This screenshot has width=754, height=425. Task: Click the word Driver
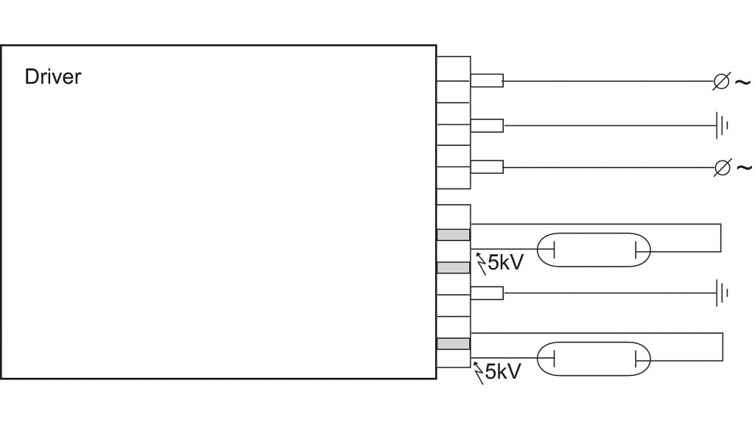coord(53,77)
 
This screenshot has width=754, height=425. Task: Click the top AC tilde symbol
coord(743,82)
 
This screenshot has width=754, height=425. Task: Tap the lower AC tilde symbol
coord(744,168)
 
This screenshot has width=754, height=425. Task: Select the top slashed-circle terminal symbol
coord(722,82)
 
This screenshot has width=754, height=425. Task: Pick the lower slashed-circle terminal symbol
coord(722,169)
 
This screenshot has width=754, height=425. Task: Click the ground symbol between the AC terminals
coord(722,125)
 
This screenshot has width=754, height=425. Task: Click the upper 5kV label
coord(505,262)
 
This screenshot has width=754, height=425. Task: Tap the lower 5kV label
coord(504,371)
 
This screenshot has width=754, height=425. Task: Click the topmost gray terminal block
coord(453,235)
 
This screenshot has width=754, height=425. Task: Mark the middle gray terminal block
coord(453,267)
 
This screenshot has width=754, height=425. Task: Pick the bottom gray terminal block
coord(453,343)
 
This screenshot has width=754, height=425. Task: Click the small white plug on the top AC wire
coord(486,81)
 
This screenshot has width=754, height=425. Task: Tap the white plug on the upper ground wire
coord(486,125)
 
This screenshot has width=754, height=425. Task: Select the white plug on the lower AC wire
coord(486,168)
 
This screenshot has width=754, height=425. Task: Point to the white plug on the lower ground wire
coord(486,293)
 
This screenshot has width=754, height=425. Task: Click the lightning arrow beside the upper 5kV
coord(481,261)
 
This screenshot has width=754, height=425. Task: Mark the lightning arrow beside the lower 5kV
coord(481,371)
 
